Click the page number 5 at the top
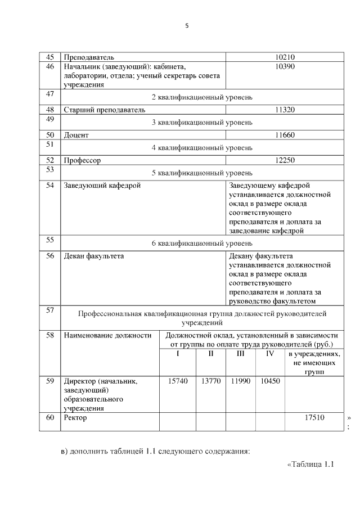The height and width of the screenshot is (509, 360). coord(188,26)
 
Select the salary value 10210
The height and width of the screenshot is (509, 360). coord(285,57)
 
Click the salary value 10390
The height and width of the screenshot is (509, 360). coord(285,66)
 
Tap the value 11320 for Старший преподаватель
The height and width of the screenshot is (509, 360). coord(285,110)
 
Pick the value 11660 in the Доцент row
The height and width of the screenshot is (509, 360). coord(285,135)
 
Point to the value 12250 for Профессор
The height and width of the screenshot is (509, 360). coord(285,160)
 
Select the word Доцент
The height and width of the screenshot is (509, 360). coord(76,135)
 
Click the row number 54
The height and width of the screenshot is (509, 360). coord(49,185)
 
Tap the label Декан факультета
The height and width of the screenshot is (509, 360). coord(94,256)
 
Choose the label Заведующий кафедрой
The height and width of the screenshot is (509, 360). coord(102,185)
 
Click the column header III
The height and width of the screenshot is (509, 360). coord(240,354)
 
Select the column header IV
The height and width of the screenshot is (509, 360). coord(269,354)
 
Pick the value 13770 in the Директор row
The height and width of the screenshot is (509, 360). coord(210,381)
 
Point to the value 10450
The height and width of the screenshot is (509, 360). coord(271,381)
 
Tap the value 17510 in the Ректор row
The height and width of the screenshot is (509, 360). coord(314,418)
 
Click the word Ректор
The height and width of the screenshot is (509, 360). coord(75,418)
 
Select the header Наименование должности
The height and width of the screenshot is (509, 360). coord(107,335)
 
